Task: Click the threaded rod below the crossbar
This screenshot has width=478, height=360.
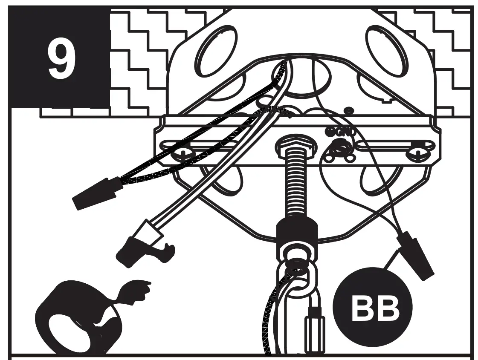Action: coord(297,187)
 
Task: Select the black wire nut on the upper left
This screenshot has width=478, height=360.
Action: coord(94,194)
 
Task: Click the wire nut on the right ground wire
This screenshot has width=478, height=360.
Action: coord(415,255)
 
